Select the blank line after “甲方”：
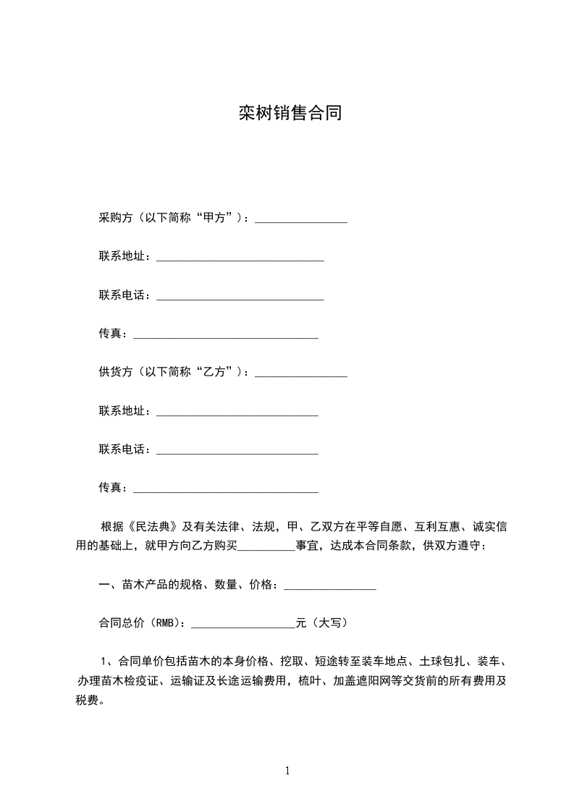(301, 220)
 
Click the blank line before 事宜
(266, 547)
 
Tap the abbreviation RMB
(165, 622)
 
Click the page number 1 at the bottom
(287, 771)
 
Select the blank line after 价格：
(329, 587)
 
